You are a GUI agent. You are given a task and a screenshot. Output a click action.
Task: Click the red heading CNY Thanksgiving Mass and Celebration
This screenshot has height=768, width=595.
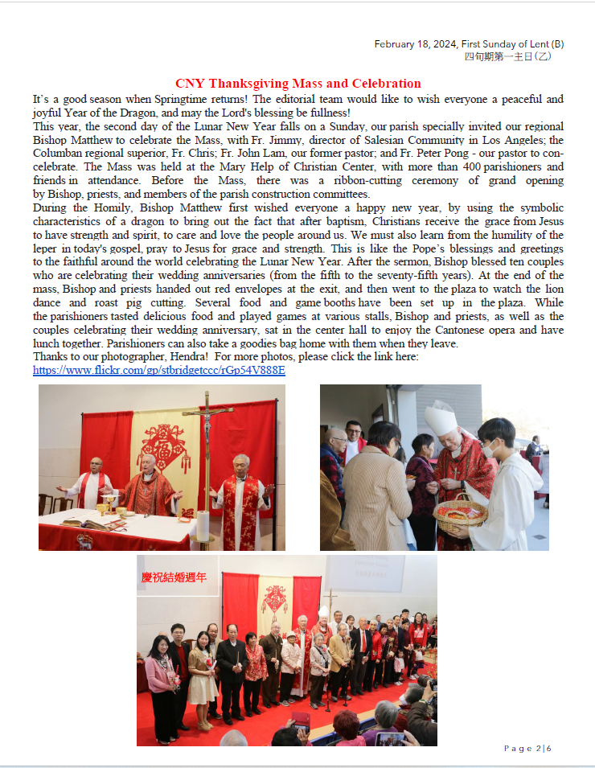(297, 84)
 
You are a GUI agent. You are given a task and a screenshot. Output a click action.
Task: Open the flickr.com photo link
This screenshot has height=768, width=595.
(158, 371)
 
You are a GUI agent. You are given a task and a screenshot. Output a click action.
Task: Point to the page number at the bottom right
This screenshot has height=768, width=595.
(527, 749)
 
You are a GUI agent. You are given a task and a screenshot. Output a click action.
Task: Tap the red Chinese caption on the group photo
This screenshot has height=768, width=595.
(174, 577)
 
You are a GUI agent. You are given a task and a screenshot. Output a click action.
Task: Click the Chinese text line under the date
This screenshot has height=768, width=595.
(507, 56)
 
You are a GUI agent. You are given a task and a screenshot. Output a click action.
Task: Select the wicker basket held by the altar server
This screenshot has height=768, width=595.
(461, 512)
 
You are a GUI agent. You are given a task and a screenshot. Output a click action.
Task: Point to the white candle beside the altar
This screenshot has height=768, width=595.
(203, 526)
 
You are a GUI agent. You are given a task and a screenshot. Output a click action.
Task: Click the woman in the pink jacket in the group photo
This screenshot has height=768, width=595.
(161, 676)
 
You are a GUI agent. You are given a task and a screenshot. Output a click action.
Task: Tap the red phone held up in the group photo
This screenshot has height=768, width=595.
(300, 719)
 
